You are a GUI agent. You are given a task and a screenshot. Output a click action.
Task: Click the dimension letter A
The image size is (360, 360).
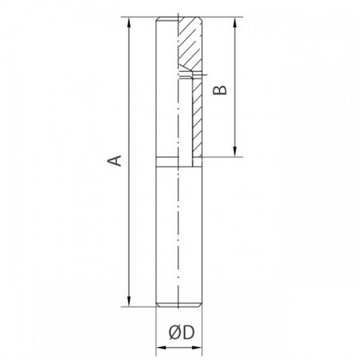[x=115, y=161]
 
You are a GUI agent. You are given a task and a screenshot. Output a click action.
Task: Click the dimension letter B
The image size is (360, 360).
[x=220, y=90]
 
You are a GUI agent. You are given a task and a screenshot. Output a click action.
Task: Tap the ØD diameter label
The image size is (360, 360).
[x=182, y=333]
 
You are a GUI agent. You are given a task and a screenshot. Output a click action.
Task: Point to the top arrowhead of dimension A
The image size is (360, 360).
[x=129, y=22]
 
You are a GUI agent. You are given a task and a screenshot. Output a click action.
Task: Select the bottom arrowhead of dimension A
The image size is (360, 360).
[x=129, y=302]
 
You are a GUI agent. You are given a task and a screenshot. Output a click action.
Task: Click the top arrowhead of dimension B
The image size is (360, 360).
[x=234, y=22]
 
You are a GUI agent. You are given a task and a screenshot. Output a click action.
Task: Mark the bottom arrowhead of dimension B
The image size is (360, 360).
[x=234, y=152]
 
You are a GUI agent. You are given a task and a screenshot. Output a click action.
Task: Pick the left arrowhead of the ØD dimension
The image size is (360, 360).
[x=161, y=347]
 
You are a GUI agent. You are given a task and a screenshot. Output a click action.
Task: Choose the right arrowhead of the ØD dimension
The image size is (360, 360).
[x=197, y=347]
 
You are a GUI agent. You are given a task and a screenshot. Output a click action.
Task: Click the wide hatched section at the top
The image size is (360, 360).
[x=190, y=42]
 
